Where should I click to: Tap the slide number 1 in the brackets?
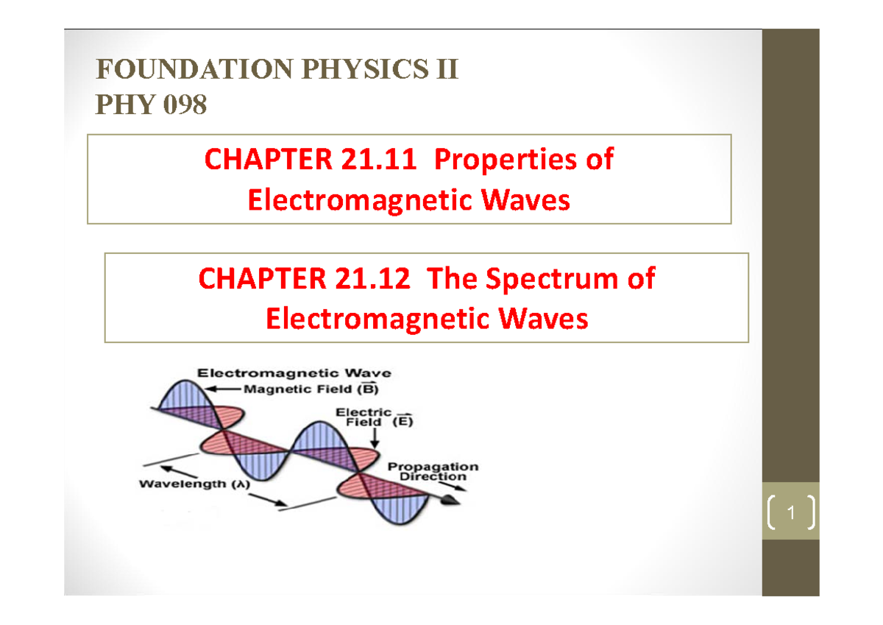(x=791, y=513)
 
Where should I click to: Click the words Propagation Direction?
(x=433, y=471)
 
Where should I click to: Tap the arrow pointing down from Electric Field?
(x=375, y=439)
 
